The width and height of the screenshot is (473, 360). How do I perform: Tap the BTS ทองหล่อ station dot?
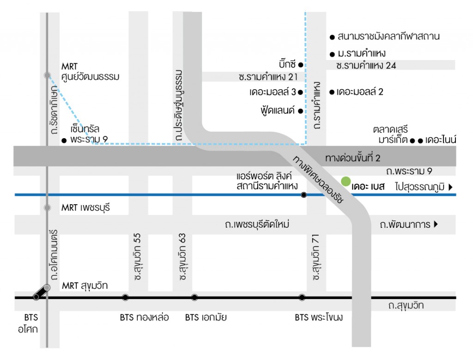(125, 297)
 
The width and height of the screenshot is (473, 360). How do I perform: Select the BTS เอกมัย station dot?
(194, 297)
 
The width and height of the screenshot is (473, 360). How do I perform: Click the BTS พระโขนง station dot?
(302, 297)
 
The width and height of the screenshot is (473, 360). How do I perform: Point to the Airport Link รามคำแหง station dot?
(303, 195)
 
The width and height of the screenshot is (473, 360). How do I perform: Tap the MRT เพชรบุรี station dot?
(47, 207)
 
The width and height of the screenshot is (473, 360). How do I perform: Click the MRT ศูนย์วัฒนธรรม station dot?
(47, 75)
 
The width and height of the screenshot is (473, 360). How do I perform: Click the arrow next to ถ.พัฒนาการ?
(435, 225)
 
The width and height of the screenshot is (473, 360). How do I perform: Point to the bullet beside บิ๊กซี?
(300, 64)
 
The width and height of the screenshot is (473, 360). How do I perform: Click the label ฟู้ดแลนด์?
(279, 111)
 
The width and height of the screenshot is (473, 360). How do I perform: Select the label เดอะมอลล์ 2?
(360, 92)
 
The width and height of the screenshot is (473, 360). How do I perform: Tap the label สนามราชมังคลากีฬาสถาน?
(388, 36)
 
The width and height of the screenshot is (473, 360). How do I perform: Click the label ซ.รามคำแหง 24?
(366, 66)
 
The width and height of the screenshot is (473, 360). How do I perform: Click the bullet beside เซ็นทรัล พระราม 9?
(64, 140)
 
